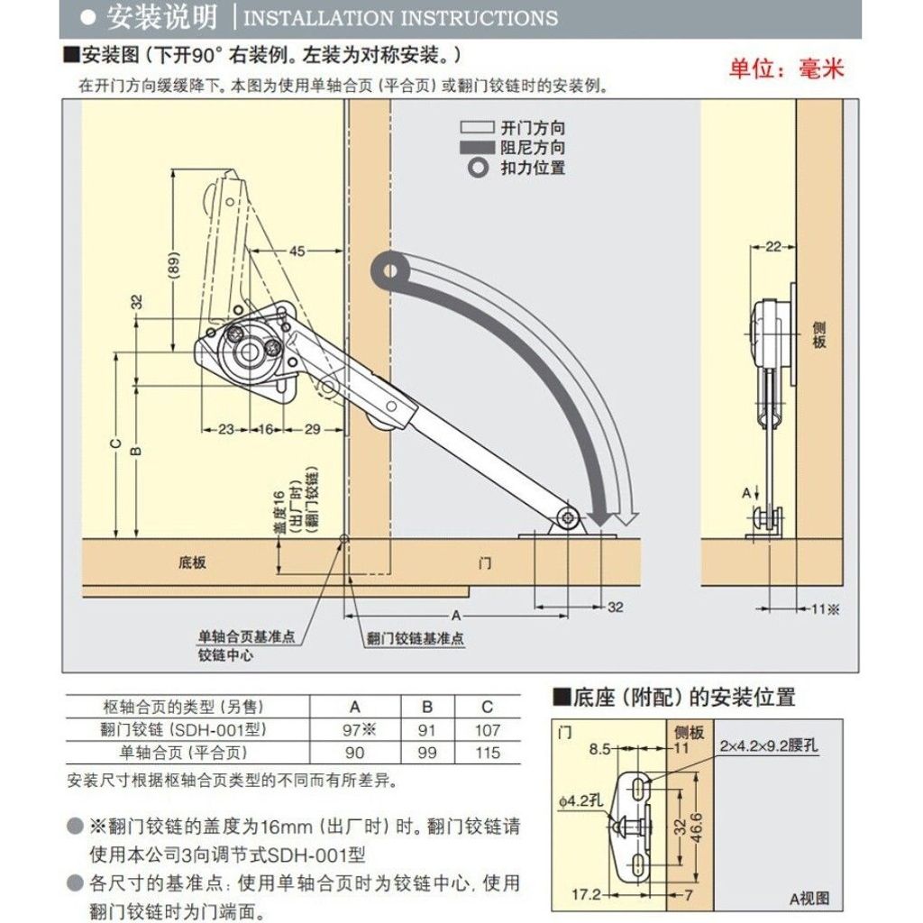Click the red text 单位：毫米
pyautogui.click(x=786, y=69)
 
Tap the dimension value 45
pyautogui.click(x=297, y=251)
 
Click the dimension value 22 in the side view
pyautogui.click(x=773, y=247)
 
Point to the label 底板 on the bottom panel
pyautogui.click(x=192, y=562)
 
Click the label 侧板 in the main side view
pyautogui.click(x=818, y=334)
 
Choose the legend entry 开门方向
pyautogui.click(x=533, y=128)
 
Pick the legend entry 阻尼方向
pyautogui.click(x=533, y=147)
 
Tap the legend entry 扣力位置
pyautogui.click(x=533, y=168)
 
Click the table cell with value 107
pyautogui.click(x=488, y=730)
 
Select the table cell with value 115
pyautogui.click(x=488, y=753)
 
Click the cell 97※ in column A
pyautogui.click(x=359, y=730)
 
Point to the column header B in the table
pyautogui.click(x=427, y=707)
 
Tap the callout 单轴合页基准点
pyautogui.click(x=246, y=636)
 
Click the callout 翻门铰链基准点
pyautogui.click(x=415, y=638)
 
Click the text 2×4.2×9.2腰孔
pyautogui.click(x=768, y=745)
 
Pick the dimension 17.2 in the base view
pyautogui.click(x=586, y=895)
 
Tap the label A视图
pyautogui.click(x=809, y=899)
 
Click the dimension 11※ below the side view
pyautogui.click(x=826, y=609)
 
